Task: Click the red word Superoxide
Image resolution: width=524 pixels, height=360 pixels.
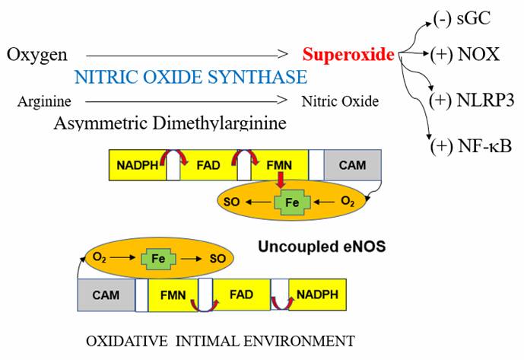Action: [348, 55]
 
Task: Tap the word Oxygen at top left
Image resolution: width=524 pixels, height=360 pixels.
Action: [37, 55]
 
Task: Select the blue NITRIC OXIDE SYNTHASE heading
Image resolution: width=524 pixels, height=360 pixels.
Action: [191, 77]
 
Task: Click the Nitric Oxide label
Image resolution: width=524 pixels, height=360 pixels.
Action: [339, 101]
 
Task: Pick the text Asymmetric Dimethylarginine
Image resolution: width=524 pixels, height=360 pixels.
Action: [170, 123]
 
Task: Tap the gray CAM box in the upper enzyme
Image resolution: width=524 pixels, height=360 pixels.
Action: [352, 164]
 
